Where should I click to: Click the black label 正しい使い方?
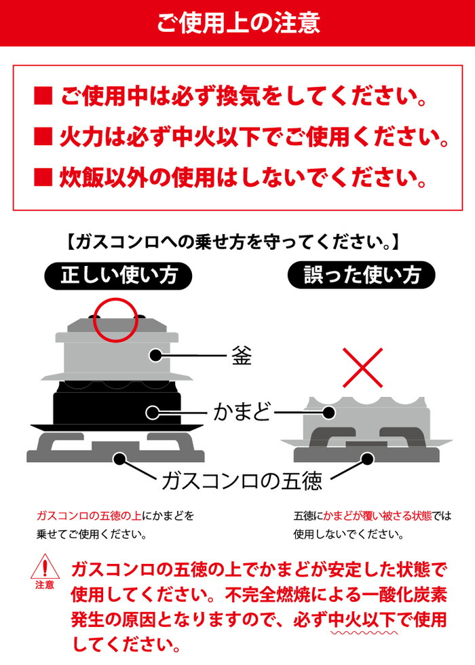pyautogui.click(x=119, y=275)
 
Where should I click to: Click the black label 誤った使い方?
pyautogui.click(x=362, y=275)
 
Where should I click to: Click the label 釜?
pyautogui.click(x=241, y=355)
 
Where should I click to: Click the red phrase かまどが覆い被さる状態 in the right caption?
pyautogui.click(x=367, y=515)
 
